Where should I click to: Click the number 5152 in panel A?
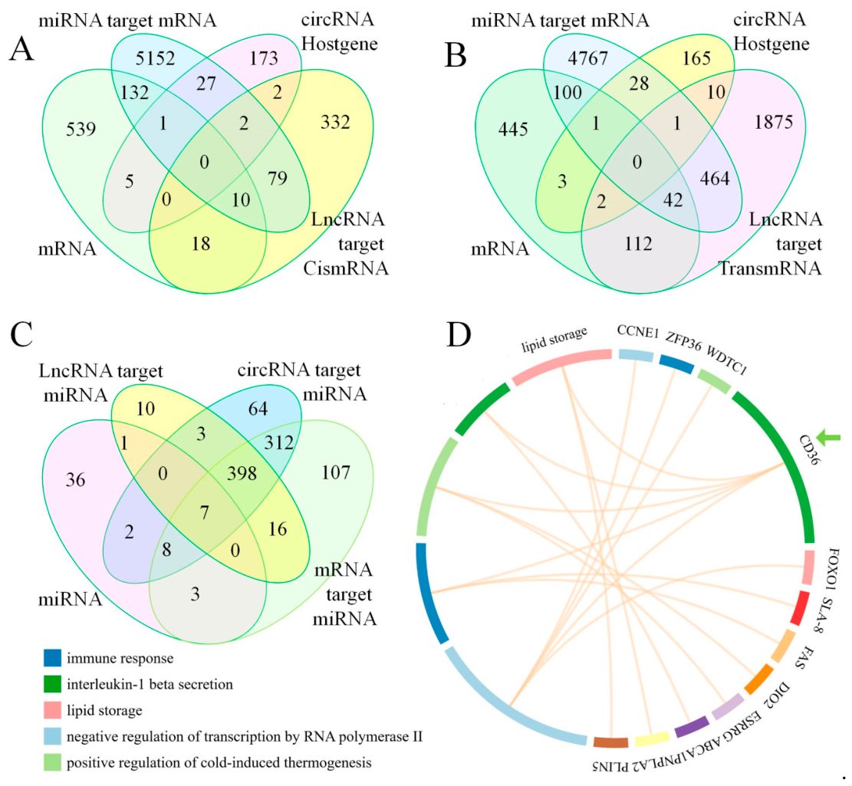pos(156,58)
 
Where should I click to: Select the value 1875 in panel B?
pos(774,122)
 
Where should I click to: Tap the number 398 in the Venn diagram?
pos(242,474)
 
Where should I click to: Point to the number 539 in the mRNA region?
pos(81,130)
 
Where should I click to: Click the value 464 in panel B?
pos(715,179)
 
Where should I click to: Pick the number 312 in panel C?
pos(278,442)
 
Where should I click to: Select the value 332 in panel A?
pos(335,122)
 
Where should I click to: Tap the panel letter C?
pos(21,334)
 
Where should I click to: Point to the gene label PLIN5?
pos(610,765)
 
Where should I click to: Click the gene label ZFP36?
pos(683,342)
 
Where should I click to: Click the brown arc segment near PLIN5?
pos(610,742)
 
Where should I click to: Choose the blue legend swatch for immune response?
pos(52,659)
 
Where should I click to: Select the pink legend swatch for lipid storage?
pos(52,711)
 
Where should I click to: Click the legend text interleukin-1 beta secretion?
pos(150,685)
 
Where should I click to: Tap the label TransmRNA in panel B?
pos(770,268)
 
